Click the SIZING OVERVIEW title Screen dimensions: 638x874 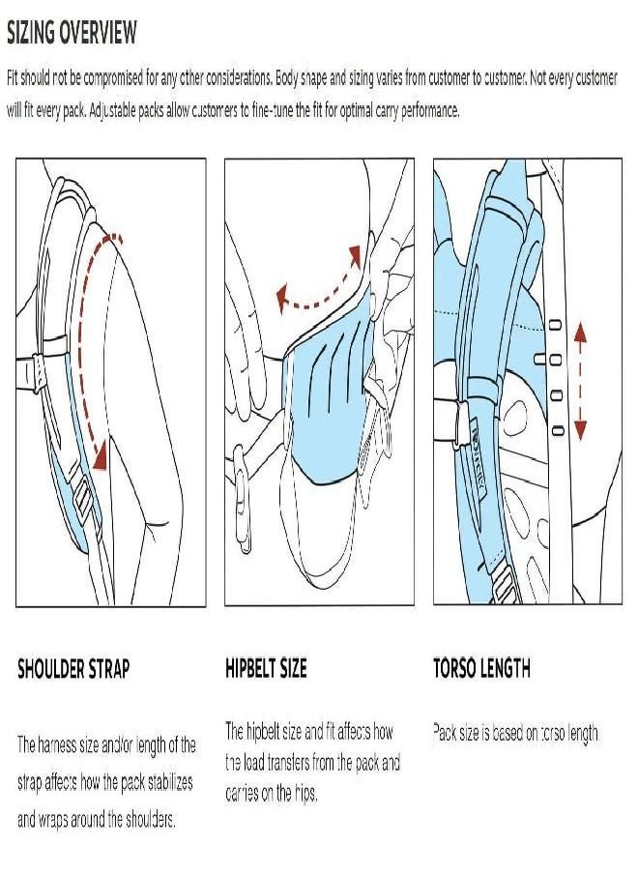coord(72,32)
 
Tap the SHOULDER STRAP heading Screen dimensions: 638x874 coord(73,668)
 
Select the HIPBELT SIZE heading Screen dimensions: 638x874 coord(267,668)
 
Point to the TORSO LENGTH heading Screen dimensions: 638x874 coord(482,668)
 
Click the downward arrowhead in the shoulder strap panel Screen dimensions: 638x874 coord(101,456)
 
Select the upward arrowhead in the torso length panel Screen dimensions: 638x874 coord(581,333)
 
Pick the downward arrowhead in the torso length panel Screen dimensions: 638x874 coord(581,430)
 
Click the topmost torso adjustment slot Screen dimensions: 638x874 coord(556,325)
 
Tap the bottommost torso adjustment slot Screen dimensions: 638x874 coord(557,430)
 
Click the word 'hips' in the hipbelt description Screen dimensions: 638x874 coord(304,793)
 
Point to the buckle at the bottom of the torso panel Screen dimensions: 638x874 coord(505,585)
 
